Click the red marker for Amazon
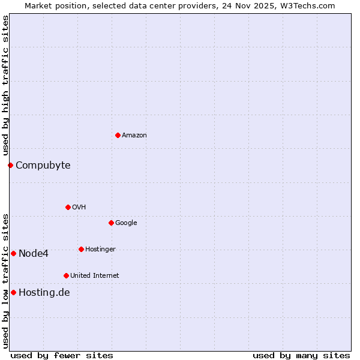point(118,135)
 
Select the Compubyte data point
point(10,165)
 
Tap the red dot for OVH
point(68,207)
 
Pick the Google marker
point(111,223)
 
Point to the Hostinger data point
point(81,249)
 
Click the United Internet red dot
point(66,275)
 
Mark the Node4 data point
point(13,253)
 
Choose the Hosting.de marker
point(13,292)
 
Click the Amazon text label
point(134,135)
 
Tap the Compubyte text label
point(43,165)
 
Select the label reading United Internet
point(95,275)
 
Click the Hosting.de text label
point(44,292)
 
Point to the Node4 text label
point(34,253)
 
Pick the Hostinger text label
point(100,249)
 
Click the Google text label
point(126,223)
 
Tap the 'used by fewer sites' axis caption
point(62,355)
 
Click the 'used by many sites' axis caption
point(301,355)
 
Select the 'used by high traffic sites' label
point(5,85)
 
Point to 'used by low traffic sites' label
point(5,280)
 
